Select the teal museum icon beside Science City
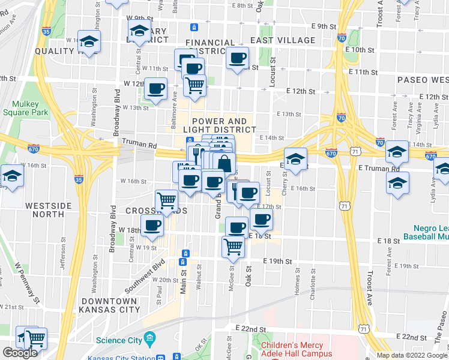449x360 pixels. click(149, 340)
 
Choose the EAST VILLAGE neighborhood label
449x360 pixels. click(283, 40)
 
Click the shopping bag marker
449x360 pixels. click(224, 163)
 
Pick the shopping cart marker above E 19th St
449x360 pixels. click(233, 245)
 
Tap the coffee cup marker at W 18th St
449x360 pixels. click(152, 225)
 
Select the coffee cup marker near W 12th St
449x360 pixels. click(155, 88)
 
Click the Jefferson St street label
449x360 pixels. click(63, 253)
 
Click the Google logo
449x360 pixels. click(20, 353)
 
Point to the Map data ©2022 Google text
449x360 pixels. click(412, 355)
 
